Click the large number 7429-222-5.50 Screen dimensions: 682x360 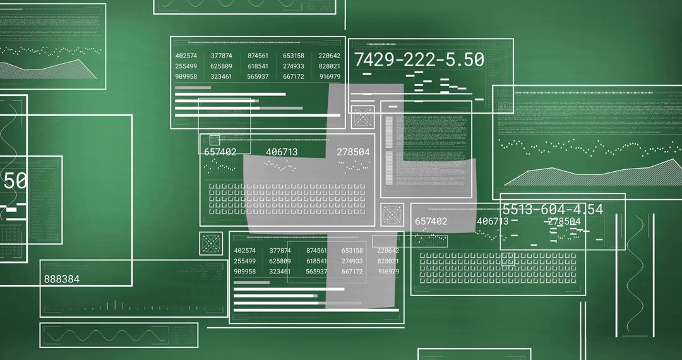pos(419,60)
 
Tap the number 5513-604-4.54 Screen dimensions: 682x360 pos(552,210)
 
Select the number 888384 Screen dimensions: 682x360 pos(62,279)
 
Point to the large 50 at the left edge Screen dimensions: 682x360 pos(15,181)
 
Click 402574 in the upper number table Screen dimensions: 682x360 pos(186,56)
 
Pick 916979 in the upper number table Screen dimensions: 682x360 pos(330,76)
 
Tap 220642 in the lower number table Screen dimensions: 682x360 pos(388,251)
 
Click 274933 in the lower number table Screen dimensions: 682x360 pos(352,261)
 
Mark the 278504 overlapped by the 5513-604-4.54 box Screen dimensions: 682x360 pos(564,221)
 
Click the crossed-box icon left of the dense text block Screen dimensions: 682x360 pos(363,117)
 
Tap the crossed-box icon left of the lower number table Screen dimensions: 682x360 pos(211,243)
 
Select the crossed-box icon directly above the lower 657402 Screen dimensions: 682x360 pos(392,215)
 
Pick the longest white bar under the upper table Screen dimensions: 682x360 pos(258,116)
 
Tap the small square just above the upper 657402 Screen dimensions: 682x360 pos(215,140)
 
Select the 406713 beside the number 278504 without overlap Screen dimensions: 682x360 pos(282,152)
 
